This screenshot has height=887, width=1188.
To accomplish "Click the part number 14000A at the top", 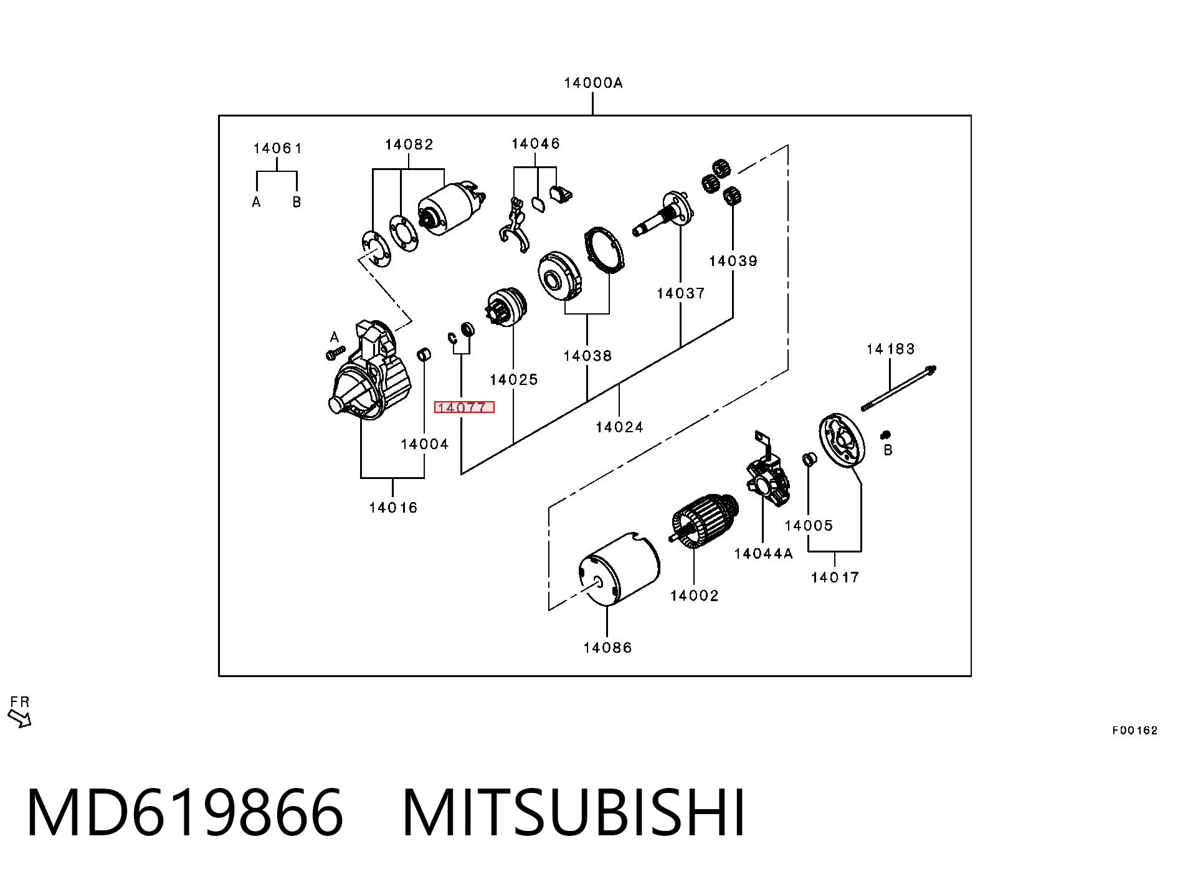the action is pos(592,83).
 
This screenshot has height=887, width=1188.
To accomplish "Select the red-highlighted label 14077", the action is pos(464,407).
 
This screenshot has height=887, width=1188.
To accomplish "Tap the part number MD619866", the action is pos(184,812).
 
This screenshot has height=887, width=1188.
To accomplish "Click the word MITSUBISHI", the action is pos(573,812).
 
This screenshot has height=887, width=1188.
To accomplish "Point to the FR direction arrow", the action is pos(20,719).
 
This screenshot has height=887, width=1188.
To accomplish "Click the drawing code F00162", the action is pos(1134,731).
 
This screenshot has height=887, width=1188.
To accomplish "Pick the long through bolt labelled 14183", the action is pos(899,389).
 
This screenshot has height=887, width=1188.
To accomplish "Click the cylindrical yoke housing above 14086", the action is pos(618,569).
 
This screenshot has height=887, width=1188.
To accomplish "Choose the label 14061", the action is pos(277,148).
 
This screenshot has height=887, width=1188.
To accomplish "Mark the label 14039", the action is pos(733,261).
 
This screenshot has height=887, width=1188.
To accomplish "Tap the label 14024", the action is pos(619,427).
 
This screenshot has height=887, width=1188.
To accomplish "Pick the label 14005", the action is pos(808,526).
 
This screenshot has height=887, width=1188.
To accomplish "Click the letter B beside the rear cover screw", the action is pos(888,450).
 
